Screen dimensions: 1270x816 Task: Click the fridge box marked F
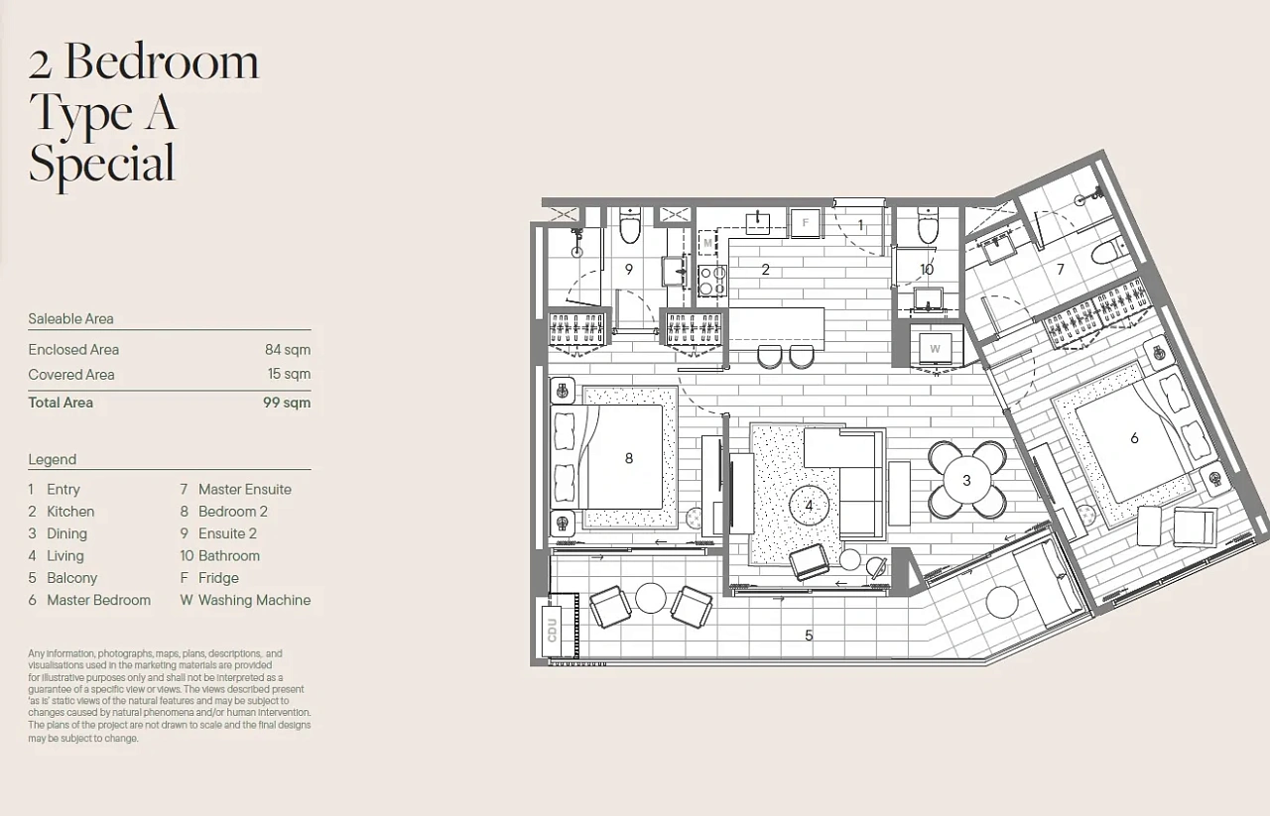pyautogui.click(x=805, y=223)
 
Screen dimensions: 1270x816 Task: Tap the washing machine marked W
pyautogui.click(x=935, y=349)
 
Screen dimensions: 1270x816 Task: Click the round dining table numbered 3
pyautogui.click(x=966, y=481)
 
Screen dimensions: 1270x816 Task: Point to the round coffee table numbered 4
pyautogui.click(x=809, y=506)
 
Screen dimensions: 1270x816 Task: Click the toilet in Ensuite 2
pyautogui.click(x=630, y=225)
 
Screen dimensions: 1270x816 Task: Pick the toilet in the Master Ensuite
pyautogui.click(x=1108, y=252)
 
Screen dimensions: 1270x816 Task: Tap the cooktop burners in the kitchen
pyautogui.click(x=712, y=281)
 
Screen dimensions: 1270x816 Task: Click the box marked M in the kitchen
pyautogui.click(x=707, y=243)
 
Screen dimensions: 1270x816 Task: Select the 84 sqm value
pyautogui.click(x=288, y=350)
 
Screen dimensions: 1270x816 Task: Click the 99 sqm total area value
pyautogui.click(x=287, y=403)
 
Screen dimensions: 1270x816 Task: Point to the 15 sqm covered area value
pyautogui.click(x=289, y=374)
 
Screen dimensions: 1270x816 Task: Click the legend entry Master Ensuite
pyautogui.click(x=245, y=490)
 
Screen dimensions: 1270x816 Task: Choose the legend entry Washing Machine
pyautogui.click(x=255, y=600)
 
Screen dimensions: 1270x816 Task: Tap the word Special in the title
pyautogui.click(x=102, y=165)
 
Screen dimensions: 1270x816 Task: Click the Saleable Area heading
pyautogui.click(x=70, y=319)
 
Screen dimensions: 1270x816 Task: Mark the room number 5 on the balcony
pyautogui.click(x=809, y=636)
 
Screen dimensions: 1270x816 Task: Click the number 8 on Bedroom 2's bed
pyautogui.click(x=629, y=458)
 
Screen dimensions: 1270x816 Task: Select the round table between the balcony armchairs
pyautogui.click(x=650, y=598)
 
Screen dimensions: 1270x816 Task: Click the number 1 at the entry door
pyautogui.click(x=860, y=225)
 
